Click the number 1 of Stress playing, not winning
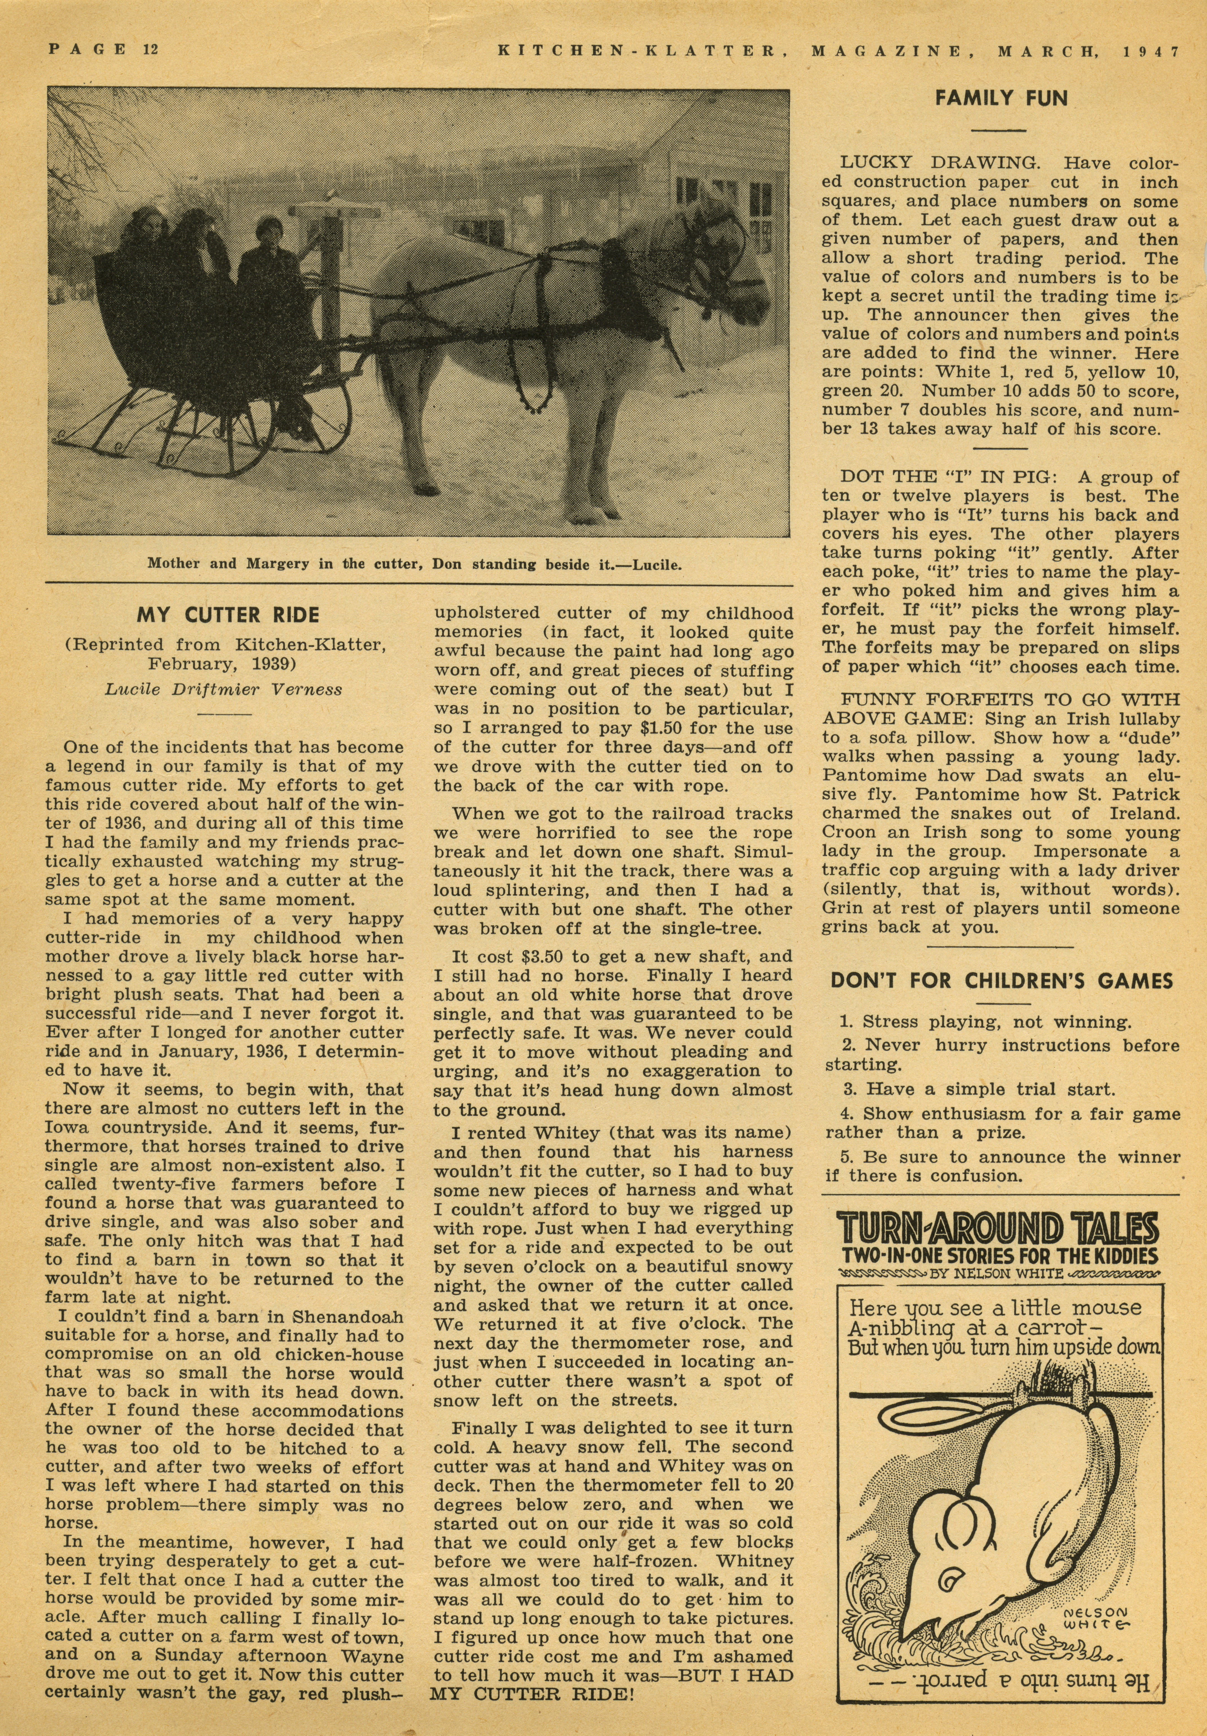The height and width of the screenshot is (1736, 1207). tap(845, 1022)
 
